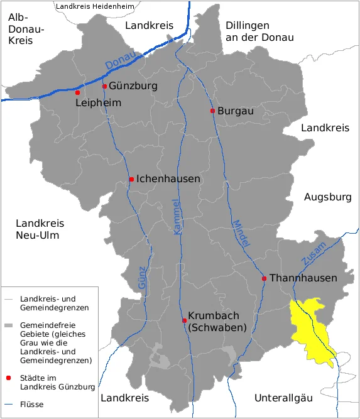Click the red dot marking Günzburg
pyautogui.click(x=104, y=87)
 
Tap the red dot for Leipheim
pyautogui.click(x=78, y=92)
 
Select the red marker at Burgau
pyautogui.click(x=212, y=111)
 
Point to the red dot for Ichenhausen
pyautogui.click(x=131, y=180)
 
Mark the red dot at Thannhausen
pyautogui.click(x=265, y=278)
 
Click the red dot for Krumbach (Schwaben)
pyautogui.click(x=184, y=320)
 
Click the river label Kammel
pyautogui.click(x=177, y=217)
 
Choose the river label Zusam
pyautogui.click(x=314, y=252)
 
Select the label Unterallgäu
pyautogui.click(x=283, y=398)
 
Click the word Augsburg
pyautogui.click(x=327, y=197)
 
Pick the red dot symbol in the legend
pyautogui.click(x=8, y=378)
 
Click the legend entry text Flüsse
pyautogui.click(x=32, y=404)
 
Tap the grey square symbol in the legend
pyautogui.click(x=8, y=326)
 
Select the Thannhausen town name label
pyautogui.click(x=303, y=278)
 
